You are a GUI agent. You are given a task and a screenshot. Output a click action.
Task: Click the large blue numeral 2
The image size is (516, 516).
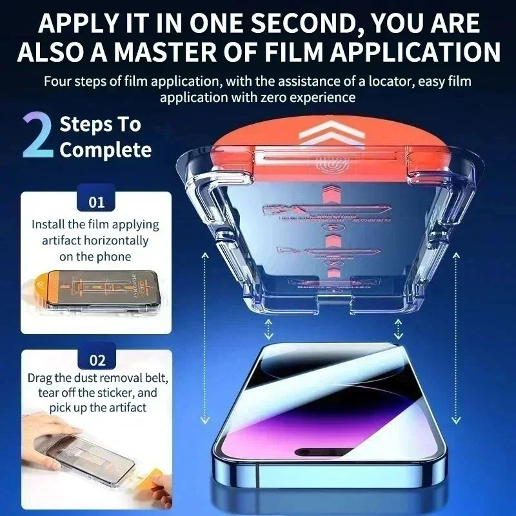37,136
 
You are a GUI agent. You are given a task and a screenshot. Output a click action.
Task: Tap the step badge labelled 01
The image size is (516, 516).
96,203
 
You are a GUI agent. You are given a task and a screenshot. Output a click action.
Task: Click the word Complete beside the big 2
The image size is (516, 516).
105,150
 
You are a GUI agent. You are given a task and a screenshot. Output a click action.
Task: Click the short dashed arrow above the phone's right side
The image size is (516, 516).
398,330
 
